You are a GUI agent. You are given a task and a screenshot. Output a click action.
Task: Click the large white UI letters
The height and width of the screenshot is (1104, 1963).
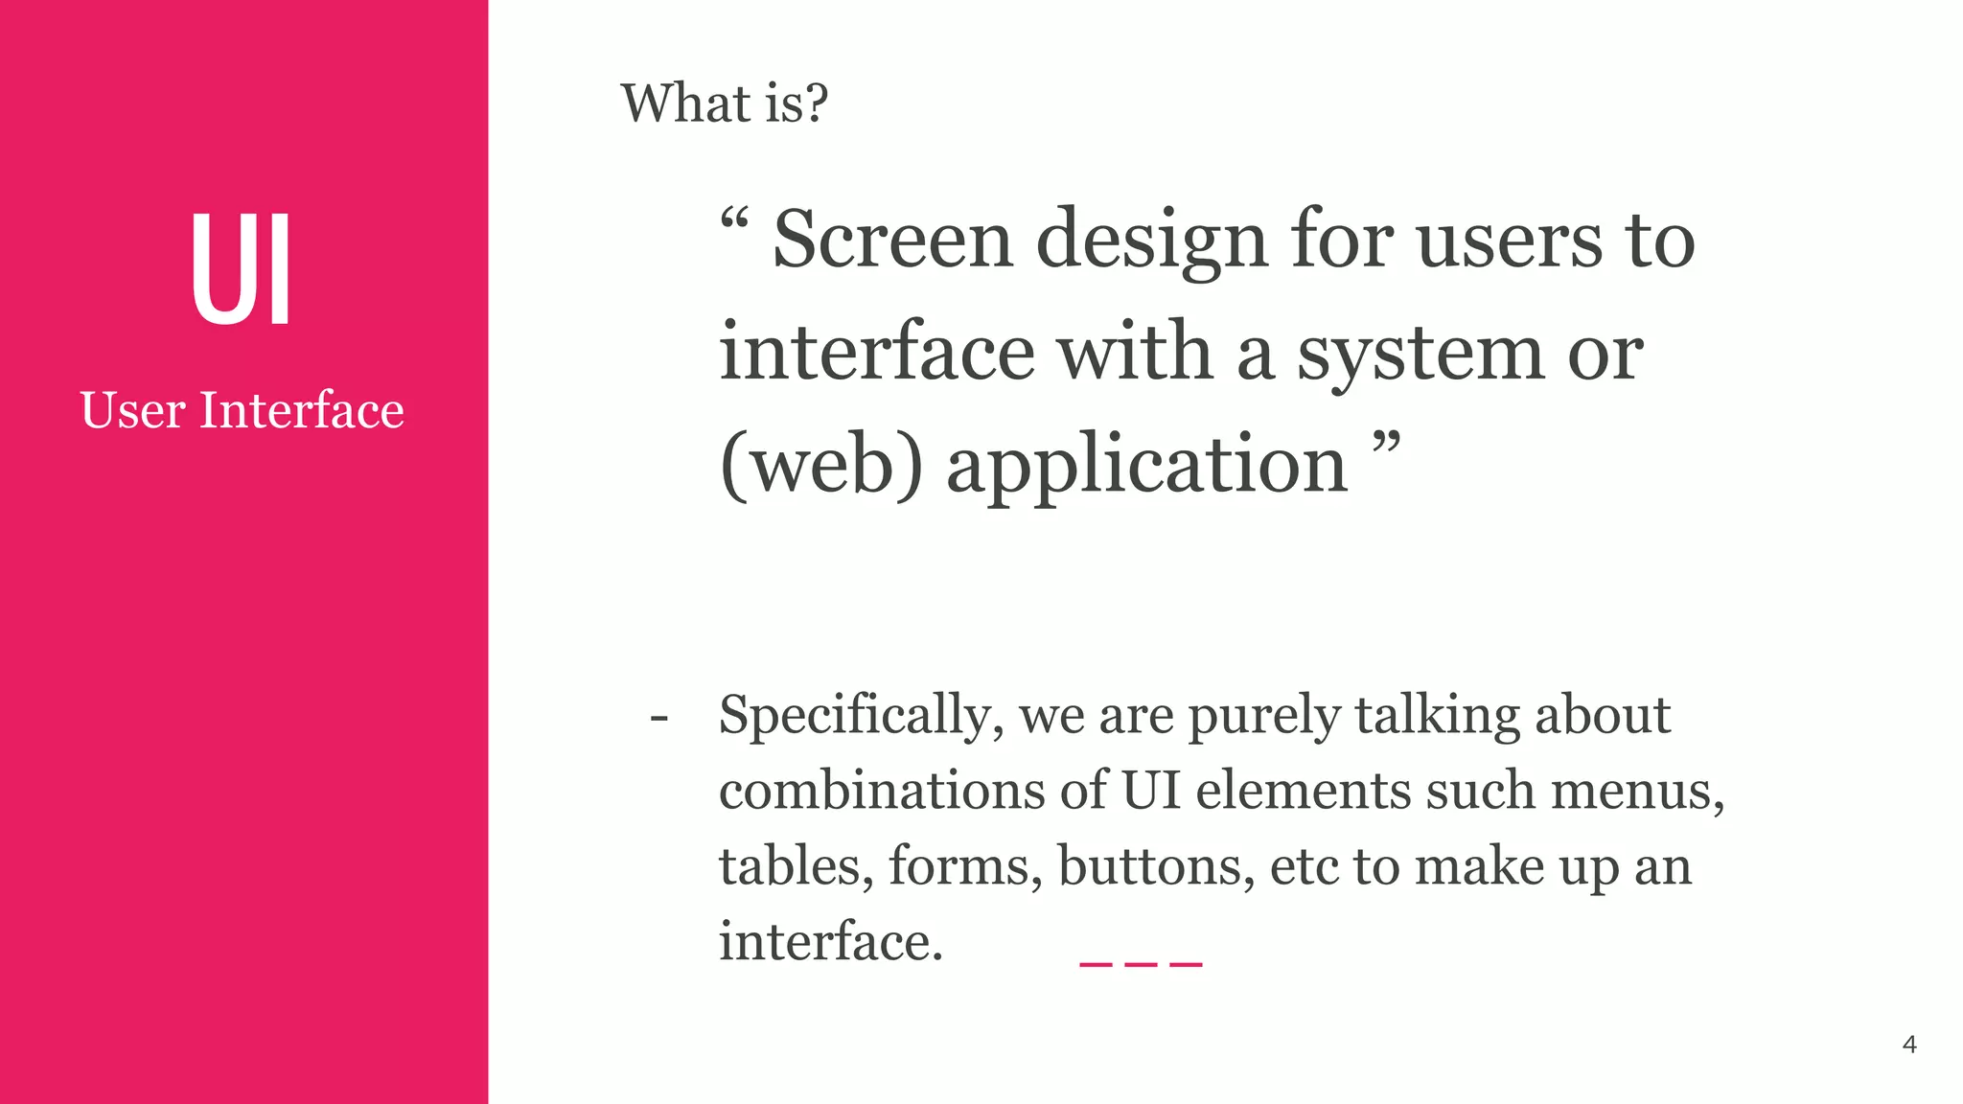click(x=241, y=270)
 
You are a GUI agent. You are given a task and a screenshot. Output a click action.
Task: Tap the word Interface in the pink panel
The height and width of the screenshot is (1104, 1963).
click(x=302, y=411)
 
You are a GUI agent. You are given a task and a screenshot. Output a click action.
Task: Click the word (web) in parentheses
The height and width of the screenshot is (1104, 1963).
click(x=821, y=465)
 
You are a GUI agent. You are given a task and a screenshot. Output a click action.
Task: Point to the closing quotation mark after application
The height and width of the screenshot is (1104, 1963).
click(x=1386, y=444)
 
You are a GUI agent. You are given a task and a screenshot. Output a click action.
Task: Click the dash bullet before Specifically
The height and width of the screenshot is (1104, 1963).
click(x=658, y=718)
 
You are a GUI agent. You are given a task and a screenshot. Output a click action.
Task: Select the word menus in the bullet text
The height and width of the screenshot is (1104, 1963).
click(x=1637, y=792)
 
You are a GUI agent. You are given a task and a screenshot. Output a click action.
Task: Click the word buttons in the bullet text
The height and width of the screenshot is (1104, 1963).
click(x=1156, y=866)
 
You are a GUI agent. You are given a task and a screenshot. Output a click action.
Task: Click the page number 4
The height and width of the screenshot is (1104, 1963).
click(x=1908, y=1045)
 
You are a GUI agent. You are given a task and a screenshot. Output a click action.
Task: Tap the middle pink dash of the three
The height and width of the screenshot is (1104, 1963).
click(x=1141, y=964)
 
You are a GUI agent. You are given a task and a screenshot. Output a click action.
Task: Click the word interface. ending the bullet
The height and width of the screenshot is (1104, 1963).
click(x=831, y=941)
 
